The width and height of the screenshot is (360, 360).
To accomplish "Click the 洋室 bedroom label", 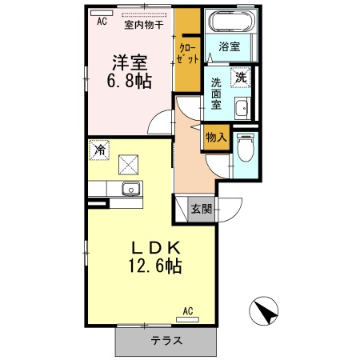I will click(127, 61).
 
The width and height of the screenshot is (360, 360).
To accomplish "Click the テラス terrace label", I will click(166, 342).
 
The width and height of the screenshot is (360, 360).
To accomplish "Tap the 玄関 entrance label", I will click(201, 210).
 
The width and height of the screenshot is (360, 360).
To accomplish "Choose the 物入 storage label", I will click(215, 138).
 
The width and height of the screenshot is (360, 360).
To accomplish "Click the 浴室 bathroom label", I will click(229, 47).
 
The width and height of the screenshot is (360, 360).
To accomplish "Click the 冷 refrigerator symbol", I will click(100, 150).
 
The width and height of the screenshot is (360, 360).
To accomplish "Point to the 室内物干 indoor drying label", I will click(144, 24).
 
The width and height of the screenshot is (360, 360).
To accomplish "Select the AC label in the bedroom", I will click(102, 22).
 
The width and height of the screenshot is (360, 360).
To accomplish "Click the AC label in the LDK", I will click(189, 310).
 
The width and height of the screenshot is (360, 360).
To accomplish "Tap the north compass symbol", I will click(266, 310).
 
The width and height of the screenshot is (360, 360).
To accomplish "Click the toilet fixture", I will click(246, 147).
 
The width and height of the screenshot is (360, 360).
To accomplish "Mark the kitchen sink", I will click(130, 190).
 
